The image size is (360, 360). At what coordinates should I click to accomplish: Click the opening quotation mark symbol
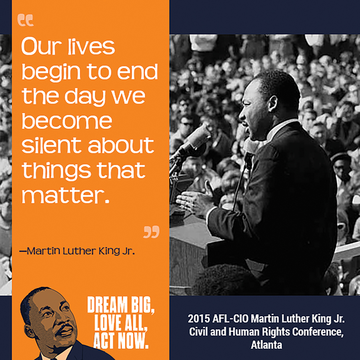(26, 20)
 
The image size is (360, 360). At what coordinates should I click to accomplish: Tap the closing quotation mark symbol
(151, 232)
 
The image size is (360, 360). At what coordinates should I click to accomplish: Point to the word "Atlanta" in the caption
(266, 345)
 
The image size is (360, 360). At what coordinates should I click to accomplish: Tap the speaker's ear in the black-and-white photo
(273, 104)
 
